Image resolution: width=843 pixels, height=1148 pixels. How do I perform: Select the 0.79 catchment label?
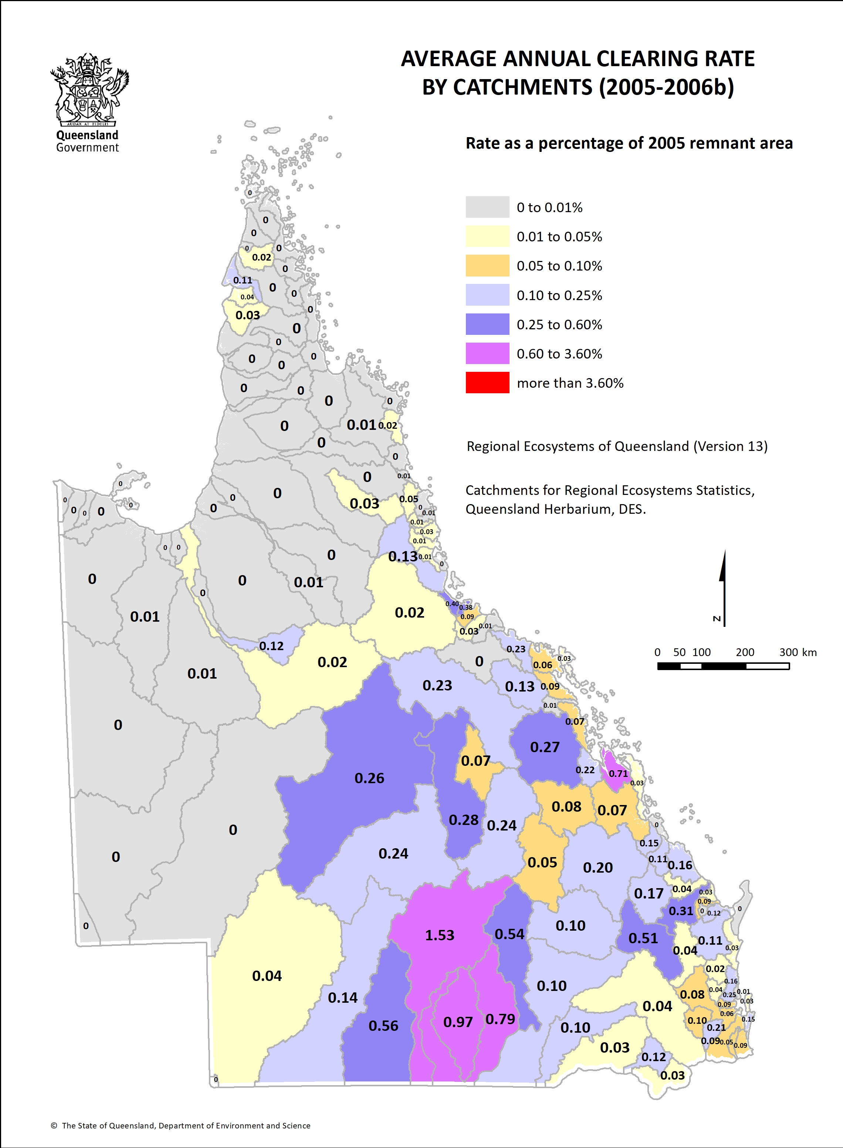pyautogui.click(x=500, y=1019)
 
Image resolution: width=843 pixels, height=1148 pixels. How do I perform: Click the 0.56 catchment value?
pyautogui.click(x=383, y=1026)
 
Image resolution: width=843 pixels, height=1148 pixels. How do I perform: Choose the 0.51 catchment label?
pyautogui.click(x=643, y=938)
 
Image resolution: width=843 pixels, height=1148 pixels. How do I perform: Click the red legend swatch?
pyautogui.click(x=487, y=383)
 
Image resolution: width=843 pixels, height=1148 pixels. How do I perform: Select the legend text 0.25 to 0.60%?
pyautogui.click(x=559, y=325)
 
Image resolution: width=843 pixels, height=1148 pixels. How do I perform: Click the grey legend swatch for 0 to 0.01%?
pyautogui.click(x=487, y=207)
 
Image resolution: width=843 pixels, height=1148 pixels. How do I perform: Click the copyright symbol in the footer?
pyautogui.click(x=54, y=1125)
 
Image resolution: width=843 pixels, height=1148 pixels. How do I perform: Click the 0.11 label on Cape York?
pyautogui.click(x=243, y=280)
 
